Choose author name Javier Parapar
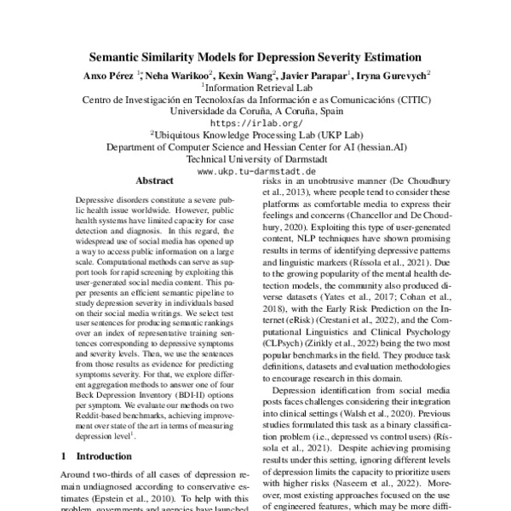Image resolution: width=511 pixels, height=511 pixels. pos(319,76)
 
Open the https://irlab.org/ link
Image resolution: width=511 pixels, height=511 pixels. pos(255,123)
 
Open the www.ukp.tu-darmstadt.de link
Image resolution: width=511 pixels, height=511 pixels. pos(255,170)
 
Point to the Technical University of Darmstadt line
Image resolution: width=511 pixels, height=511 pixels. pos(255,158)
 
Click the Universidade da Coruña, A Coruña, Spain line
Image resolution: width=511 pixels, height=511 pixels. pos(255,111)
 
